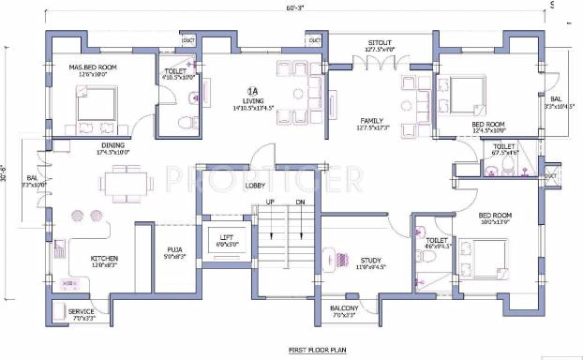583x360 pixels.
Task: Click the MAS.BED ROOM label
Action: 91,67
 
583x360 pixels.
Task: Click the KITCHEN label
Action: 104,258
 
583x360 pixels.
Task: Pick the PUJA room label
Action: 175,248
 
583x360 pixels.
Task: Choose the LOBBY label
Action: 256,185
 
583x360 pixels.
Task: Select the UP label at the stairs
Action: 270,202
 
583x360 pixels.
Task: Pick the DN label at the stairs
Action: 299,202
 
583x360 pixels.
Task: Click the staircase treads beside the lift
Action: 285,239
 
